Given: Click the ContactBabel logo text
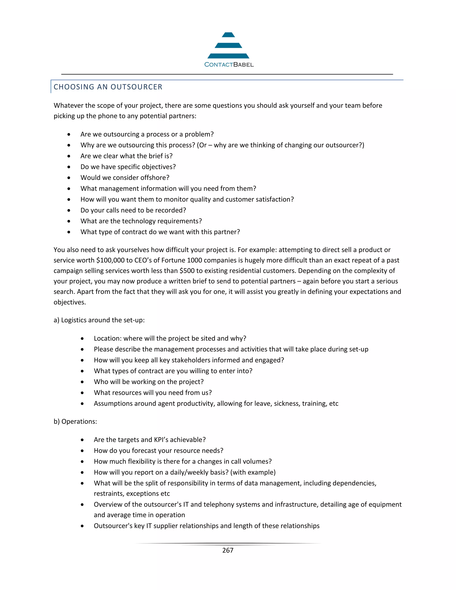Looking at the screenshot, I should tap(229, 65).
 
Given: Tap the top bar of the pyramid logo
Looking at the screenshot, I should tap(228, 35).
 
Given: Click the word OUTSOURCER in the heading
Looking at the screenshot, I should tap(136, 87).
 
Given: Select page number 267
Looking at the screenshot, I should tap(228, 550).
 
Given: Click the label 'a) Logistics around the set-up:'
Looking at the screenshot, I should tap(99, 320).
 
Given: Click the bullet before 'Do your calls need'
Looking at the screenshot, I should tap(69, 210).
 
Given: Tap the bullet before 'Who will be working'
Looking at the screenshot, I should tap(82, 382).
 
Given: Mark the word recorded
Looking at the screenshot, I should tap(172, 210).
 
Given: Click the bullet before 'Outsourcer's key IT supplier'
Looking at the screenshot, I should tap(82, 526).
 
